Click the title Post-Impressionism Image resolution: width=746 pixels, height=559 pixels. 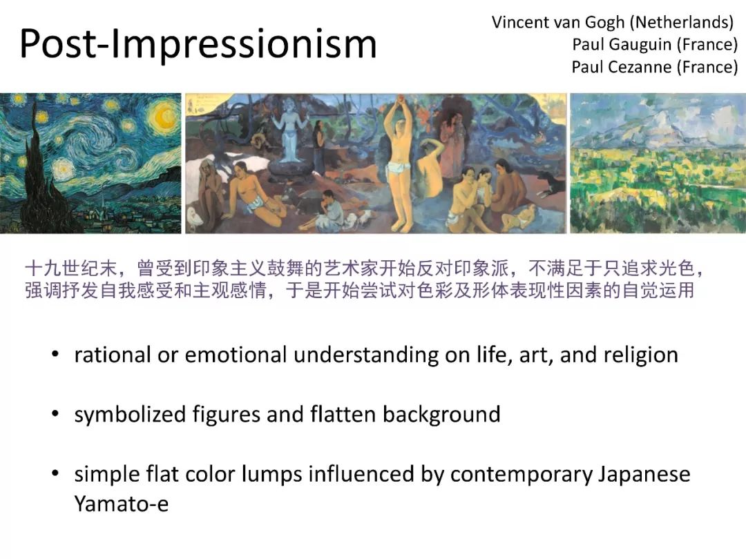(x=198, y=43)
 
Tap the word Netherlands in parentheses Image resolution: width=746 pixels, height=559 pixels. (x=685, y=22)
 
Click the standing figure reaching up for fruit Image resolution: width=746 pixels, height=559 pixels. (x=399, y=161)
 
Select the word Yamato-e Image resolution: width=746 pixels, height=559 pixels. (x=122, y=504)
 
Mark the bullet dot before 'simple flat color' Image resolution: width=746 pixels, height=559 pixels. (x=55, y=474)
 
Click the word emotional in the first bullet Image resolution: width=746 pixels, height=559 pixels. (x=236, y=355)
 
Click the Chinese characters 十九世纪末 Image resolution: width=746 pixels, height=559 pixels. (x=71, y=268)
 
